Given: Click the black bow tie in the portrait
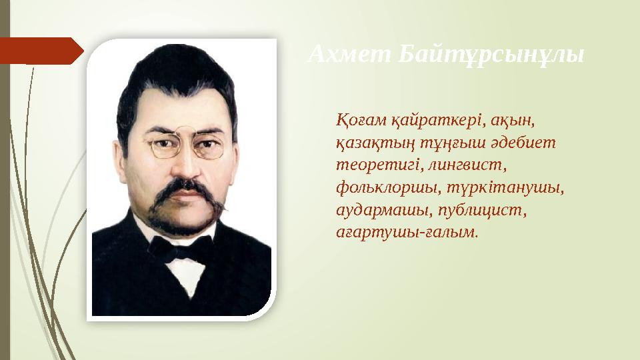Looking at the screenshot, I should [180, 248].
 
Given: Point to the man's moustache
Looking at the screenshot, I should [180, 193].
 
